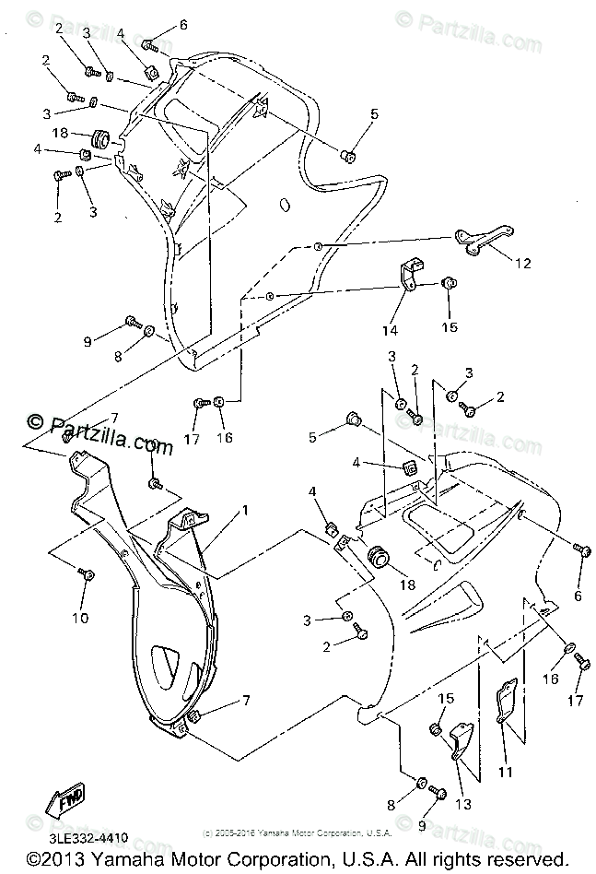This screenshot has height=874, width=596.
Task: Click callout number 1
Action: click(245, 510)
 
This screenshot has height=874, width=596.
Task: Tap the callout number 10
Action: click(81, 617)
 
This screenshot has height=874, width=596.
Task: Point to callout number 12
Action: click(522, 264)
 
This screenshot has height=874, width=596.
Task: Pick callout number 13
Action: click(462, 804)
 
